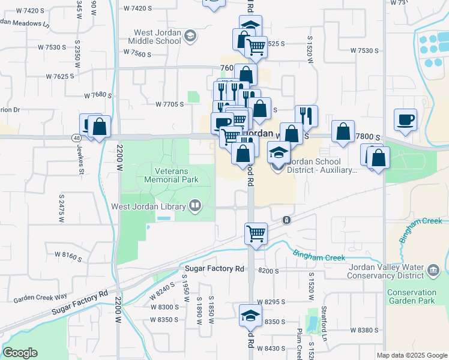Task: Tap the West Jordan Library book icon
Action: click(194, 206)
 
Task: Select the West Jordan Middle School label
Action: click(154, 37)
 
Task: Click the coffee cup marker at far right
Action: click(405, 119)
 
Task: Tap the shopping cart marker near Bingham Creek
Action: click(256, 233)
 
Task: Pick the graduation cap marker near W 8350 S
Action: click(251, 316)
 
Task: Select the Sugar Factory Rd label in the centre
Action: click(214, 268)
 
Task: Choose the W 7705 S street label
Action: click(169, 104)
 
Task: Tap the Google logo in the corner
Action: click(20, 353)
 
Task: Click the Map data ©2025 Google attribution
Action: click(411, 355)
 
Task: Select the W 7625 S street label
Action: click(60, 76)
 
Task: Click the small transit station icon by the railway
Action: click(287, 220)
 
